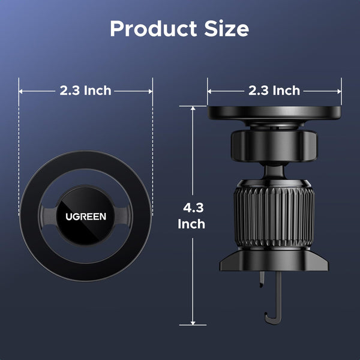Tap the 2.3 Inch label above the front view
pos(85,91)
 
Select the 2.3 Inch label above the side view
pos(274,91)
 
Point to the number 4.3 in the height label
pos(192,209)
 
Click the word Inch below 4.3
pos(192,224)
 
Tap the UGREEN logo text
pos(86,216)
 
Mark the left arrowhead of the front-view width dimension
pos(22,91)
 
